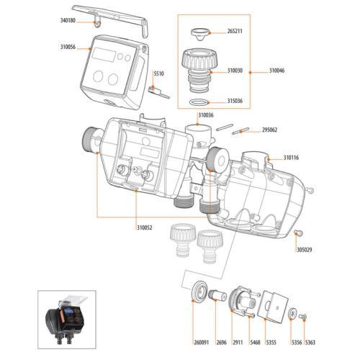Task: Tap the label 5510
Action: [159, 74]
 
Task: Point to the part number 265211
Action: [235, 32]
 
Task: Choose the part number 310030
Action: [235, 71]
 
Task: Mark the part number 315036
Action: [235, 102]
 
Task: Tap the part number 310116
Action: [292, 157]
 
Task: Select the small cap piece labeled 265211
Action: [199, 32]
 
